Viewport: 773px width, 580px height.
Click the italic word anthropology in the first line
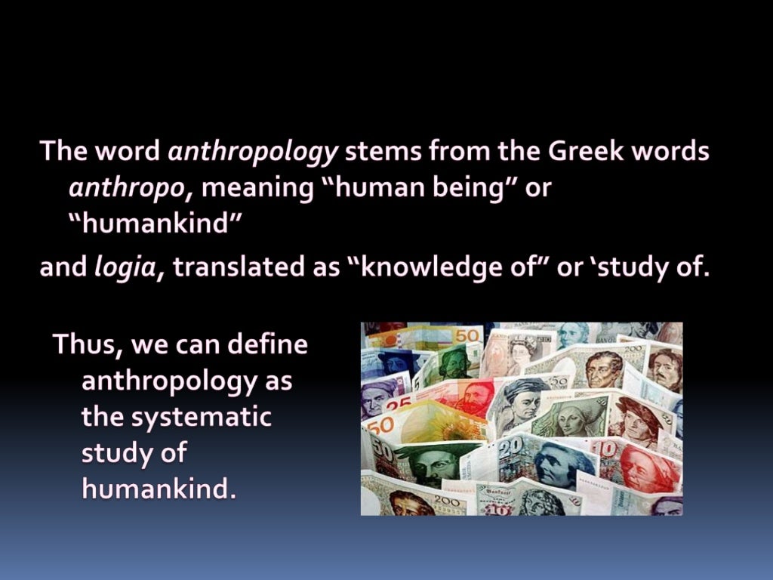tap(253, 153)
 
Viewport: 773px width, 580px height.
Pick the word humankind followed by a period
tap(159, 489)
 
